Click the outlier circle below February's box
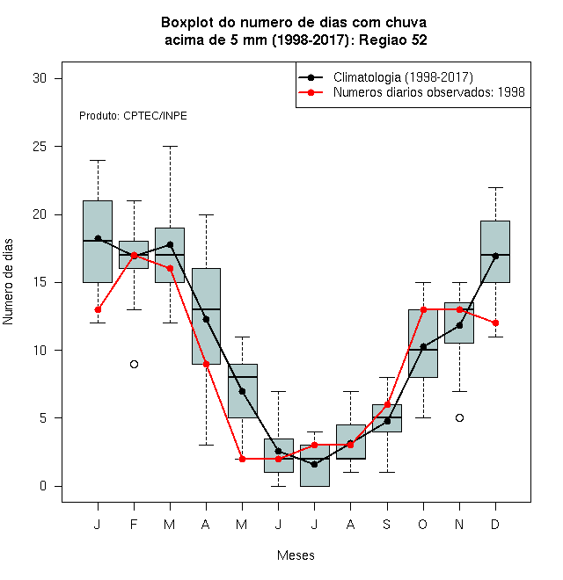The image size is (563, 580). [134, 365]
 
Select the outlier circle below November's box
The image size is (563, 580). [459, 418]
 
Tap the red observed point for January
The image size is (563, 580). [98, 309]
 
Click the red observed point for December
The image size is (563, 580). [495, 323]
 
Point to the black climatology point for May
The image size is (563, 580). [242, 391]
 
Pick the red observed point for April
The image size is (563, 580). [207, 365]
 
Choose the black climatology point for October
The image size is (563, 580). [423, 347]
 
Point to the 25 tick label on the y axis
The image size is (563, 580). [40, 147]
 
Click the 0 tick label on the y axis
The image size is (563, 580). [43, 486]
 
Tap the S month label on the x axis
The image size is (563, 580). [387, 524]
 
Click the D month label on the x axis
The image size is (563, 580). [495, 524]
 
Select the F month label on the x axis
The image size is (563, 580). [134, 524]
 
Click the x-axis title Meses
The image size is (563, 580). [296, 555]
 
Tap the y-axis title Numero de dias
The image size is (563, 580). [8, 282]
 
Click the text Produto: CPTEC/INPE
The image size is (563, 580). [133, 116]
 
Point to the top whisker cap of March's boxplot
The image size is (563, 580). [170, 147]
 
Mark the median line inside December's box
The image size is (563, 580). [495, 255]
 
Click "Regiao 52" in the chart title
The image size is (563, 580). [393, 40]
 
